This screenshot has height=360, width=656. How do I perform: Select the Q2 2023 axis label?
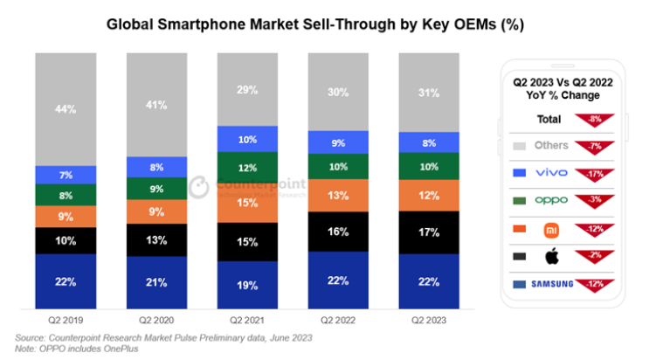(x=429, y=319)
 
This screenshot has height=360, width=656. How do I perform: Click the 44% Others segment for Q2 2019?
(x=66, y=108)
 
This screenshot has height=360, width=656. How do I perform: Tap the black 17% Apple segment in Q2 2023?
(x=429, y=232)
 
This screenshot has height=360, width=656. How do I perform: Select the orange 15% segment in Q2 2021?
(x=247, y=203)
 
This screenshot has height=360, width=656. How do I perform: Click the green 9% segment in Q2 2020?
(x=156, y=188)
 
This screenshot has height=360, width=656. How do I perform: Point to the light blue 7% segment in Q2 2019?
(x=66, y=175)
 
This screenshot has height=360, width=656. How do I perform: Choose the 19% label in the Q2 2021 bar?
(x=247, y=285)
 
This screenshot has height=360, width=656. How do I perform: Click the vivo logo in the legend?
(x=550, y=172)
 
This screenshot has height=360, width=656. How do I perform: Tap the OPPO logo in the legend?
(x=550, y=199)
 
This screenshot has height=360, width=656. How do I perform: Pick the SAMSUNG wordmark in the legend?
(x=550, y=283)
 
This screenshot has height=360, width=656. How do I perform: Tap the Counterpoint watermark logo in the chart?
(x=198, y=187)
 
